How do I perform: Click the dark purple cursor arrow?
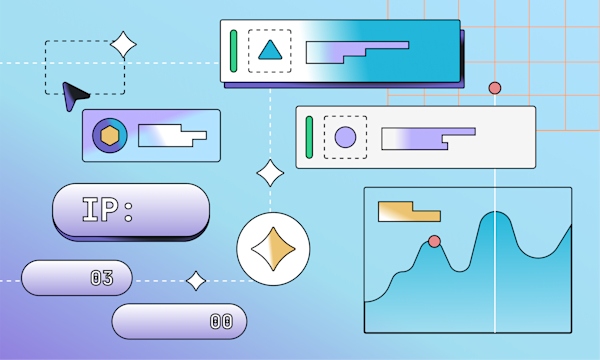(x=73, y=96)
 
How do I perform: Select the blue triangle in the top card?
(x=268, y=50)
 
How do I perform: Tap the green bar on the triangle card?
(x=234, y=50)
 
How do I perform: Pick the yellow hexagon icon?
(x=110, y=135)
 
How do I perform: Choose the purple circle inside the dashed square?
(x=345, y=137)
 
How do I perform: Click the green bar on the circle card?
(x=309, y=137)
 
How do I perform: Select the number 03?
(x=101, y=278)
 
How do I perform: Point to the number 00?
(x=220, y=321)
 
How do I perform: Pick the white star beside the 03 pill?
(x=197, y=281)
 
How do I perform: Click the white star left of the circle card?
(x=270, y=173)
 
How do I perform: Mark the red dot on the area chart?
(x=434, y=241)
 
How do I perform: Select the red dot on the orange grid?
(x=494, y=88)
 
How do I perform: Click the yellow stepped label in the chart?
(x=408, y=212)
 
